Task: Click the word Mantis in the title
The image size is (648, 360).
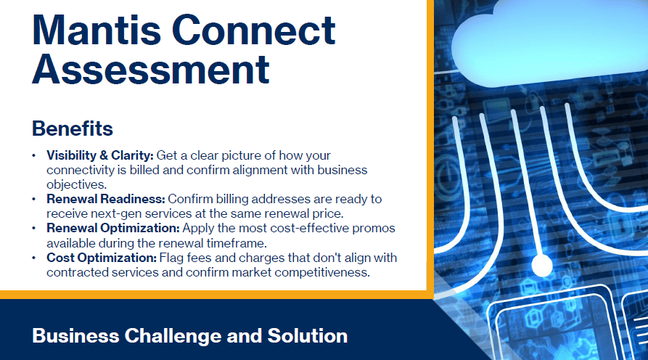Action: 97,30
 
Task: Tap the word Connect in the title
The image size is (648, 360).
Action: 253,30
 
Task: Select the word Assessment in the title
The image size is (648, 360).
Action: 151,69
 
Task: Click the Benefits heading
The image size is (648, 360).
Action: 73,128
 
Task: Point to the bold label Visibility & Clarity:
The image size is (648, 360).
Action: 100,155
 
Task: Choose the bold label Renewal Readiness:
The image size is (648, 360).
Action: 106,199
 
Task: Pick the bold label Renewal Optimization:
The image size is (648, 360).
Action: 113,228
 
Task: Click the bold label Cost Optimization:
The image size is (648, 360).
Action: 102,258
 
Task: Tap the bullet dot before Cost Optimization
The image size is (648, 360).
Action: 34,258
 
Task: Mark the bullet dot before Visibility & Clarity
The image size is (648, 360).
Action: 34,156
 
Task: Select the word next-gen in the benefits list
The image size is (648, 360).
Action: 113,213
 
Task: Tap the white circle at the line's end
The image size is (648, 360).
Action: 542,265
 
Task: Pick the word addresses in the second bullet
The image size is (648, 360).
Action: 281,199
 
